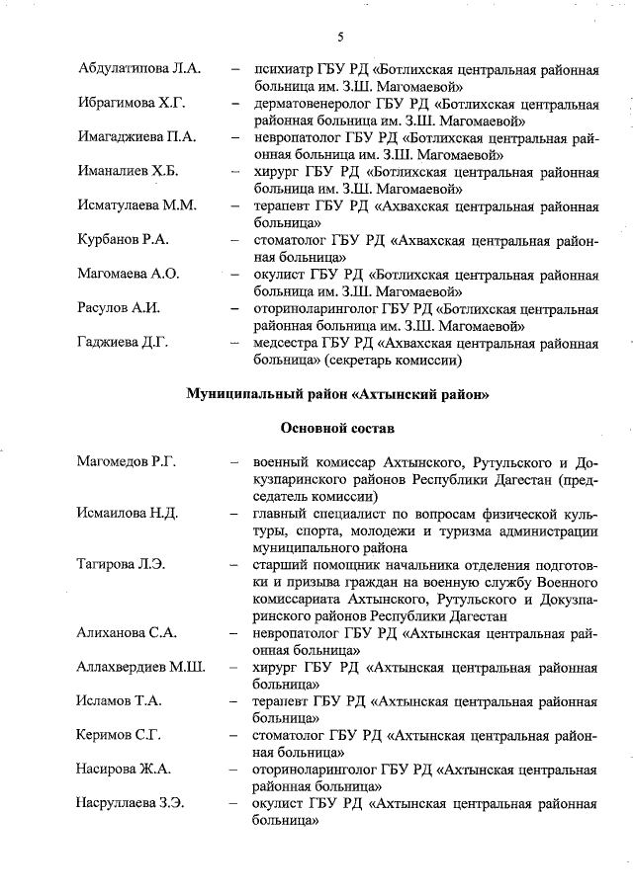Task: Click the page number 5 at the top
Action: [339, 38]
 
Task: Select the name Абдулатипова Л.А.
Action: [139, 68]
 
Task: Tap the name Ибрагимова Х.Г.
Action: [132, 103]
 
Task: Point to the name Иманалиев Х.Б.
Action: [128, 171]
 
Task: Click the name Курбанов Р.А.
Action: [125, 240]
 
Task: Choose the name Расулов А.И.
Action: [119, 308]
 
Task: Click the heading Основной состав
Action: [337, 429]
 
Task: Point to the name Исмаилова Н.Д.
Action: [127, 514]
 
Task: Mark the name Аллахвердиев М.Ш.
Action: [140, 668]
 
